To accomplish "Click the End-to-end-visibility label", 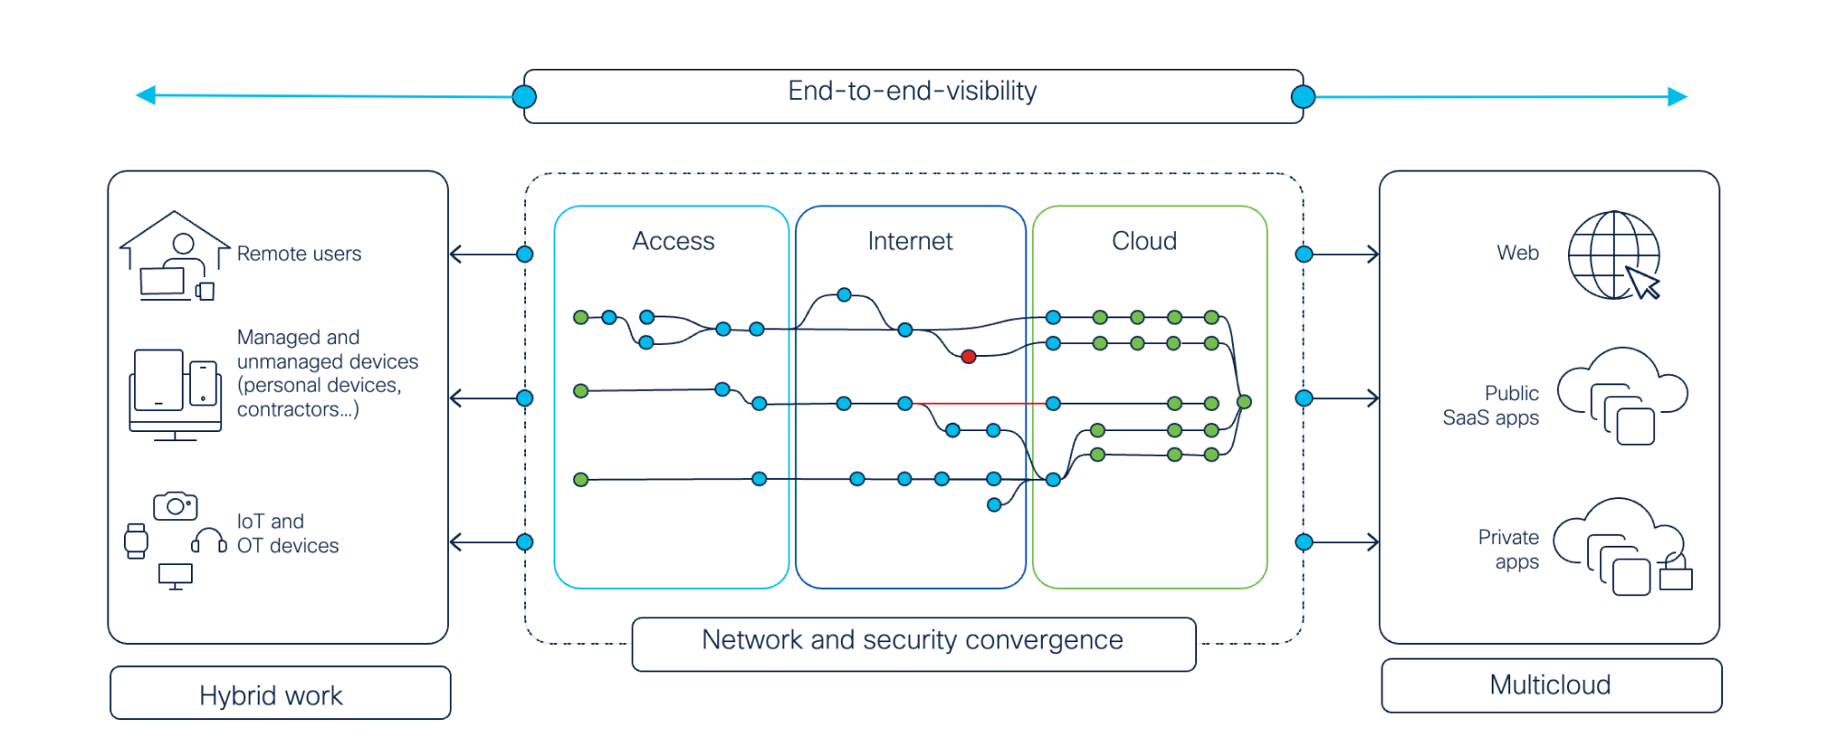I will coord(912,92).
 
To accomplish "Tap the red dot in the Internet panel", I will coord(968,357).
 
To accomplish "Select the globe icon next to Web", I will coord(1613,255).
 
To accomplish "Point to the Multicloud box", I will coord(1551,685).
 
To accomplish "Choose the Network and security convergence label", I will coord(912,640).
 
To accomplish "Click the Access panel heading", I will coord(673,241).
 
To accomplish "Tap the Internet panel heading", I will coord(910,241).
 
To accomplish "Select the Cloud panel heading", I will coord(1144,241).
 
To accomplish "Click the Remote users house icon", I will coord(174,255).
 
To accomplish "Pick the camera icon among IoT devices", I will coord(175,505).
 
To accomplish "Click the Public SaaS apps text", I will coord(1491,405).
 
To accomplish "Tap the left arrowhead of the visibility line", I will coord(145,94).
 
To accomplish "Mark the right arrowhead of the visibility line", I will coord(1678,97).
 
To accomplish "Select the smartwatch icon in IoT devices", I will coord(136,541).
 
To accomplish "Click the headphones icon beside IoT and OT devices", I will coord(208,540).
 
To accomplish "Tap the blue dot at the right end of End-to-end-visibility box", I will coord(1303,96).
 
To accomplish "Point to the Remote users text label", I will coord(299,254).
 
